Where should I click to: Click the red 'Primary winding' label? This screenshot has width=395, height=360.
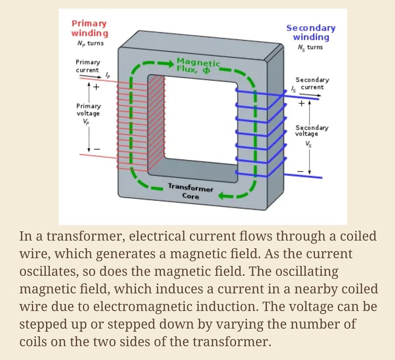(90, 28)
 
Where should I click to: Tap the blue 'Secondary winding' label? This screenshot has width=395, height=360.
(311, 32)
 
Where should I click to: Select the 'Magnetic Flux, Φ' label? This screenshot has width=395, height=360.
(198, 65)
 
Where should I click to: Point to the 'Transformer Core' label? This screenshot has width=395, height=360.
(191, 192)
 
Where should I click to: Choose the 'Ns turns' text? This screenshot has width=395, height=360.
(310, 47)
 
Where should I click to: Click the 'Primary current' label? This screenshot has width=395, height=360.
(88, 66)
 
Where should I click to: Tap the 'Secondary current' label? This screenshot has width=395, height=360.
(312, 83)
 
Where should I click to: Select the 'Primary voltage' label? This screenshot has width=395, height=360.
(88, 110)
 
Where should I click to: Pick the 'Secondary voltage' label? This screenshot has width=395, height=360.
(311, 130)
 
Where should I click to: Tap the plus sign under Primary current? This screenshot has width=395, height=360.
(96, 87)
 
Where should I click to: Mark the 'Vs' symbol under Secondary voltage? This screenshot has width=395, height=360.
(308, 144)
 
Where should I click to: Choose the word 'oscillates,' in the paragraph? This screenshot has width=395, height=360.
(48, 272)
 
